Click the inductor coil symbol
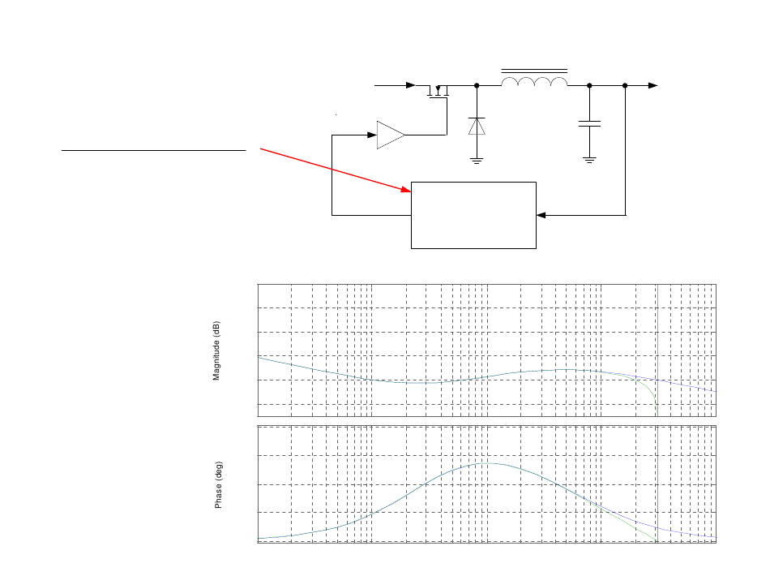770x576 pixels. pyautogui.click(x=534, y=79)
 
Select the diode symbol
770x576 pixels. pyautogui.click(x=477, y=127)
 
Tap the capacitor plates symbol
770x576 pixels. pyautogui.click(x=589, y=124)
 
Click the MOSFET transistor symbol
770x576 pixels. pyautogui.click(x=438, y=92)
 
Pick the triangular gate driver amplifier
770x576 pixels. pyautogui.click(x=391, y=135)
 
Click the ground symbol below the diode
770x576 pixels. pyautogui.click(x=477, y=161)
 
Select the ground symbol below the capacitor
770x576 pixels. pyautogui.click(x=589, y=160)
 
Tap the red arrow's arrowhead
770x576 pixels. pyautogui.click(x=406, y=190)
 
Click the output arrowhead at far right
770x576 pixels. pyautogui.click(x=653, y=85)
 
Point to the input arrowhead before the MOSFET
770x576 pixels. pyautogui.click(x=411, y=85)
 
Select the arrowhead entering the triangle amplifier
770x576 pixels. pyautogui.click(x=372, y=135)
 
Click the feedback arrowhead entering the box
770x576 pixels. pyautogui.click(x=541, y=215)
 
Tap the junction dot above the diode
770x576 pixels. pyautogui.click(x=477, y=85)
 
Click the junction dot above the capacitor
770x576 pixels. pyautogui.click(x=589, y=85)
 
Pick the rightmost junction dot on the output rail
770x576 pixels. pyautogui.click(x=625, y=85)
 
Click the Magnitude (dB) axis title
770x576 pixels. pyautogui.click(x=216, y=351)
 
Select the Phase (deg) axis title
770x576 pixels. pyautogui.click(x=219, y=485)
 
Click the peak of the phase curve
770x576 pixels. pyautogui.click(x=486, y=463)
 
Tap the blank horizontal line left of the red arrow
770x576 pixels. pyautogui.click(x=154, y=150)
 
